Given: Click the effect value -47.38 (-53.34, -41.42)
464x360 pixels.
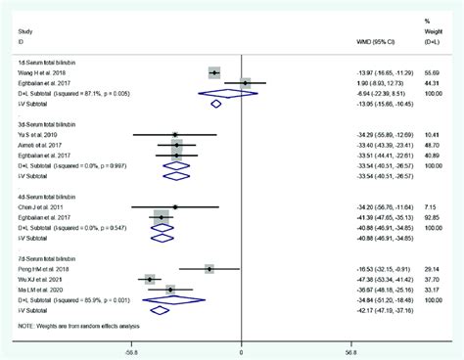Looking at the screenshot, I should [356, 279].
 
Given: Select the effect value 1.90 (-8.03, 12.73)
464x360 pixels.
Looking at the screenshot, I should [355, 82].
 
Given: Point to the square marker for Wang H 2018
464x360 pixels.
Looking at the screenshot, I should [214, 71].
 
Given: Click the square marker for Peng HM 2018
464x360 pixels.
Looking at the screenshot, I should [209, 268].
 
